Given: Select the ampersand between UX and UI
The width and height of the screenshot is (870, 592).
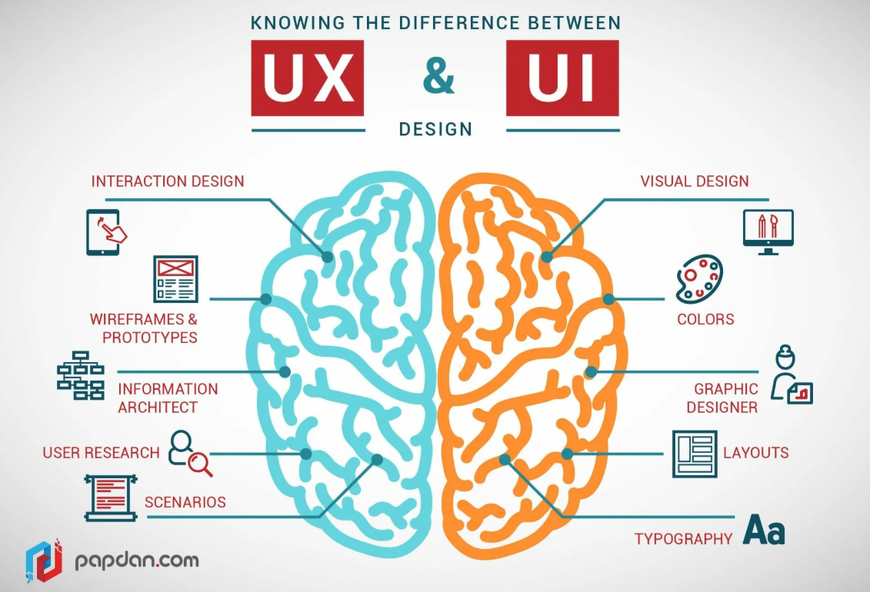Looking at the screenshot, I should tap(438, 78).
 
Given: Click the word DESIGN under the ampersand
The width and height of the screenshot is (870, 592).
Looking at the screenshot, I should tap(435, 128).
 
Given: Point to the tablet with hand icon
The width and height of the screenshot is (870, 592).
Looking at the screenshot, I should tap(105, 231).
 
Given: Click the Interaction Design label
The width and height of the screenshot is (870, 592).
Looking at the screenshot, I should tap(168, 181).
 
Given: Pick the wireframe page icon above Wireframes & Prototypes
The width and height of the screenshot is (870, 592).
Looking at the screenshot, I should tap(175, 278).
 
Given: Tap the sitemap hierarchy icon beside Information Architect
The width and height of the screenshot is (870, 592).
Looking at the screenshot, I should tap(81, 375).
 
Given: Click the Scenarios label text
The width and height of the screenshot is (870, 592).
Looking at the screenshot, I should tap(185, 502).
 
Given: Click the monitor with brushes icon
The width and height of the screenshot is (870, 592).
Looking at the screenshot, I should tap(768, 231).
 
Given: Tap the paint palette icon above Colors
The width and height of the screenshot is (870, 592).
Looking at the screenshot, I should tap(698, 278).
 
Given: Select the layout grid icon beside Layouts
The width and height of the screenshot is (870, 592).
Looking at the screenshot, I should tap(694, 453).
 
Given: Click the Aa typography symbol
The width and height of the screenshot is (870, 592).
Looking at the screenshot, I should tap(764, 531).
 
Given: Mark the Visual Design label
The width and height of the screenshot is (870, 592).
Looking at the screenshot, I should tap(695, 181).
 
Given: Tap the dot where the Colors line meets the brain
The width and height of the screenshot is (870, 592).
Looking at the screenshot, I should tap(608, 298).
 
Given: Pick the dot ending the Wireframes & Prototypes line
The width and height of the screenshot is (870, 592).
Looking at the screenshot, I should tap(265, 298).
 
